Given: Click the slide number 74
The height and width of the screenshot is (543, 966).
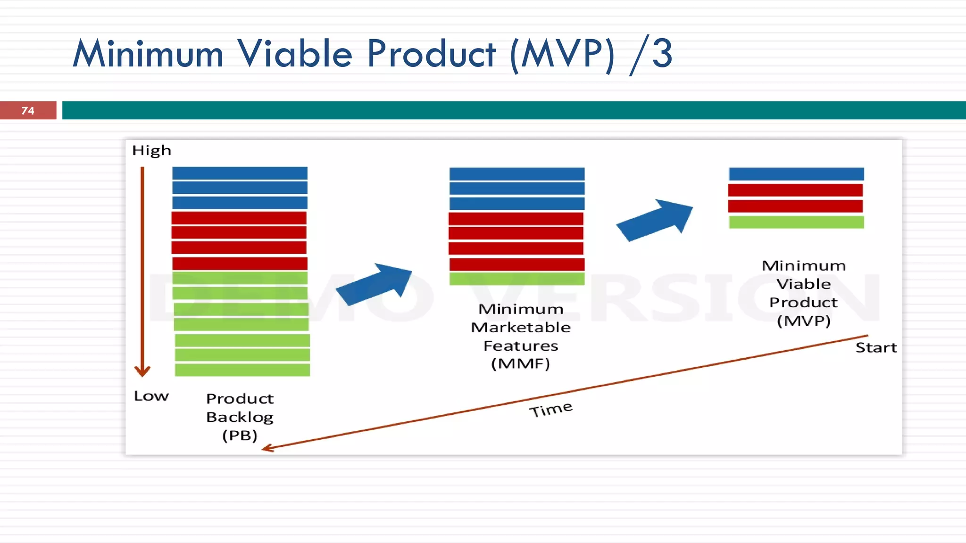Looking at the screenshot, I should (x=28, y=111).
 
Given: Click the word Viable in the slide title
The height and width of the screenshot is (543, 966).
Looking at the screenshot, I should (x=294, y=54).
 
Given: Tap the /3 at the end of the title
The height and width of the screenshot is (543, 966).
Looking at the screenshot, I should (x=651, y=55).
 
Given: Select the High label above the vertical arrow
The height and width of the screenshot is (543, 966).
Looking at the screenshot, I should (x=151, y=150).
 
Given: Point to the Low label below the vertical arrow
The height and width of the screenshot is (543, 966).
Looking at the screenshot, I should (x=151, y=396).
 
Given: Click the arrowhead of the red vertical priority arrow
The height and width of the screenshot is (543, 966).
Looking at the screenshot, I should (x=142, y=371).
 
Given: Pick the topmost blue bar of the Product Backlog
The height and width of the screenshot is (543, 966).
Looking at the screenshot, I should (x=240, y=173).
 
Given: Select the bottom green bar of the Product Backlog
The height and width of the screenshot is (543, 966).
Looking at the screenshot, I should (x=242, y=370).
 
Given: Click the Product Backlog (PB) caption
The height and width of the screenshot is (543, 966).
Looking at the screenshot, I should (x=240, y=417).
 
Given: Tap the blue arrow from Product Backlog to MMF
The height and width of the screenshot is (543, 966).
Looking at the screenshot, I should (x=375, y=284).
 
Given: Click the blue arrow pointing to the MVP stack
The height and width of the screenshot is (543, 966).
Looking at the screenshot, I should (x=655, y=220).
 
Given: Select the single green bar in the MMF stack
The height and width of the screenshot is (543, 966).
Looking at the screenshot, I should (x=517, y=279).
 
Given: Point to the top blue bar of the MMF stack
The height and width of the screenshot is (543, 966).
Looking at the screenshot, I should (x=517, y=174).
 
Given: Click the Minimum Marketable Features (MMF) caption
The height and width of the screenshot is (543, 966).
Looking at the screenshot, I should (x=521, y=336).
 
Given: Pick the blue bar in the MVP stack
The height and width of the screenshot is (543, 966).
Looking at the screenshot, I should (x=796, y=174).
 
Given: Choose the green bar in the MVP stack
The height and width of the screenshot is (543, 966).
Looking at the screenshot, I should (x=796, y=222).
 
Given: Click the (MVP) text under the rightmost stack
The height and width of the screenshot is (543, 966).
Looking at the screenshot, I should (x=803, y=321).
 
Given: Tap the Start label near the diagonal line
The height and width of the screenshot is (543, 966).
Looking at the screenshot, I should (x=876, y=348).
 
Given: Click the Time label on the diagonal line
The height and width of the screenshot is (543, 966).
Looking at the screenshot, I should (x=550, y=409).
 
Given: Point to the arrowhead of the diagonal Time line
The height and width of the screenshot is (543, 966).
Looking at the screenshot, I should (x=267, y=448).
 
